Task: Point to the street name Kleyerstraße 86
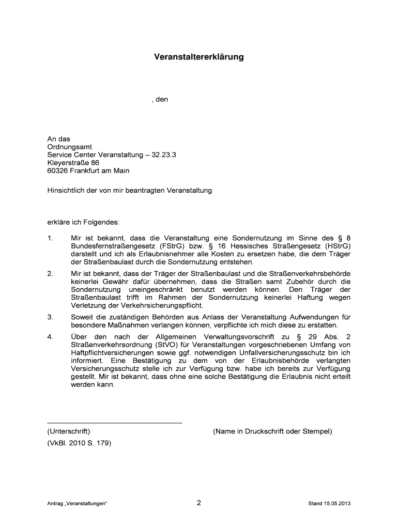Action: [73, 162]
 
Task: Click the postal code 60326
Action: [58, 170]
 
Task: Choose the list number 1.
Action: [50, 238]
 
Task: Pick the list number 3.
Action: [50, 317]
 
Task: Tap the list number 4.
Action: [50, 337]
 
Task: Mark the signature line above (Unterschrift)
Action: [115, 423]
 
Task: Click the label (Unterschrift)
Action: [69, 431]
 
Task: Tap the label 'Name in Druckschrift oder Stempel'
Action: [272, 431]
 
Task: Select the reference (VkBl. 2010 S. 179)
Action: [79, 443]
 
